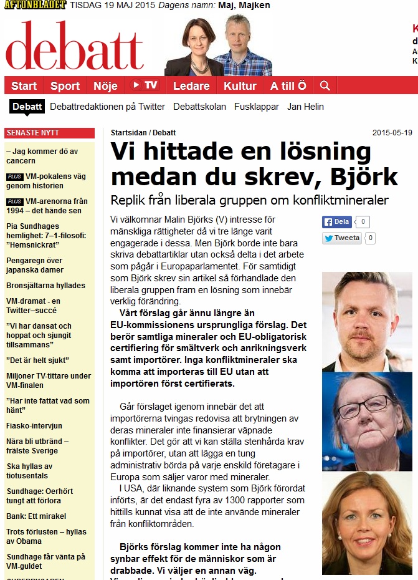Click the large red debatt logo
pyautogui.click(x=75, y=45)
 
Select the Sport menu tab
pyautogui.click(x=65, y=86)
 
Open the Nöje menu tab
pyautogui.click(x=105, y=86)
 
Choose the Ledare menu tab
pyautogui.click(x=191, y=86)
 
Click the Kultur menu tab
pyautogui.click(x=240, y=86)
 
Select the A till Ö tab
pyautogui.click(x=288, y=86)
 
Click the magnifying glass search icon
pyautogui.click(x=325, y=85)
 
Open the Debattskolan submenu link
pyautogui.click(x=199, y=107)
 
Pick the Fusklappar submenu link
pyautogui.click(x=257, y=107)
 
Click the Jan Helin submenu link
pyautogui.click(x=305, y=107)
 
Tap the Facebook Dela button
pyautogui.click(x=337, y=221)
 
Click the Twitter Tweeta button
pyautogui.click(x=341, y=238)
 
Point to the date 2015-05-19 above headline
pyautogui.click(x=392, y=133)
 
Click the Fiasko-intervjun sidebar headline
pyautogui.click(x=34, y=426)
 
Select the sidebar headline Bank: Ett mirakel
pyautogui.click(x=36, y=516)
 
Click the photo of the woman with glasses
pyautogui.click(x=367, y=422)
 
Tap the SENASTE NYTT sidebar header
pyautogui.click(x=32, y=133)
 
